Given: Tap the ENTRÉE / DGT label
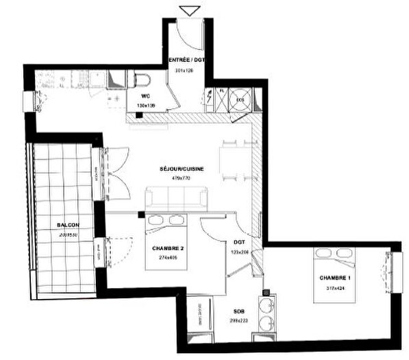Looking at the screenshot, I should [187, 60].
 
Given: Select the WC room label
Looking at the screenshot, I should [145, 97].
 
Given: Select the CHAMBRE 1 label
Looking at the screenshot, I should [334, 278].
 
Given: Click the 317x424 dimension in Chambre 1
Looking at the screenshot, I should [334, 288].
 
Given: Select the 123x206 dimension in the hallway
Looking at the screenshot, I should [240, 252].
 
